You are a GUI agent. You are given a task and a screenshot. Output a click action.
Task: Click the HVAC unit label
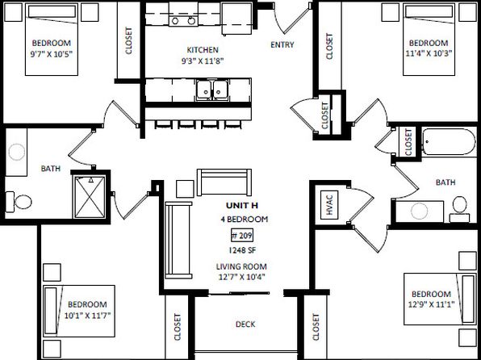click(x=329, y=205)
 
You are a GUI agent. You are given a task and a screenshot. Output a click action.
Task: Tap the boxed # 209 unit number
click(x=242, y=236)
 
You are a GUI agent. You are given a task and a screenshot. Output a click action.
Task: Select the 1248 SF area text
click(x=242, y=250)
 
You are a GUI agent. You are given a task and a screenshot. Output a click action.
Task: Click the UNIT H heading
click(x=242, y=205)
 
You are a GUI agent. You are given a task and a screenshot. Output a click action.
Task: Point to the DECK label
click(x=245, y=324)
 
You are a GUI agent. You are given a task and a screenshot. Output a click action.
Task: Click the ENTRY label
click(x=282, y=45)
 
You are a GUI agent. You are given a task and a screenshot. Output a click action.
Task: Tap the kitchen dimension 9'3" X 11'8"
click(x=203, y=61)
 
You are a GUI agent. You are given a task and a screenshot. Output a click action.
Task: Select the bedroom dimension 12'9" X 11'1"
click(x=431, y=304)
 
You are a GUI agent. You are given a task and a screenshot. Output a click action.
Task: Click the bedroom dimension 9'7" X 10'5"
click(x=52, y=54)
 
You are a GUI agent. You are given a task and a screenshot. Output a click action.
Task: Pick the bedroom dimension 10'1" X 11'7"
click(x=87, y=315)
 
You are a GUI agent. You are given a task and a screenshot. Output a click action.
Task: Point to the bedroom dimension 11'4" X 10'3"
click(x=429, y=53)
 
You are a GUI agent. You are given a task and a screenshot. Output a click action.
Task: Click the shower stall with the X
click(x=90, y=197)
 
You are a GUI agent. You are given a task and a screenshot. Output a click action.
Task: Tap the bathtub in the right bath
click(x=449, y=142)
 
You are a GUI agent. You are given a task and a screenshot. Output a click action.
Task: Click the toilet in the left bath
click(x=19, y=202)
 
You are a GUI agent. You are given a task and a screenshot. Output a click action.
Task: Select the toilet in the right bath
click(x=459, y=209)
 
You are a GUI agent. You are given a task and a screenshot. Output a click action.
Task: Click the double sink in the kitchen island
click(x=213, y=90)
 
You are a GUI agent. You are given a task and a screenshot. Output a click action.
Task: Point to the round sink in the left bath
click(x=17, y=152)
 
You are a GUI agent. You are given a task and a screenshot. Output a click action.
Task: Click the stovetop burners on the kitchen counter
click(x=183, y=20)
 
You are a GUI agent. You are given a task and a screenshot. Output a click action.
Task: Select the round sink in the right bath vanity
click(x=419, y=211)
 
